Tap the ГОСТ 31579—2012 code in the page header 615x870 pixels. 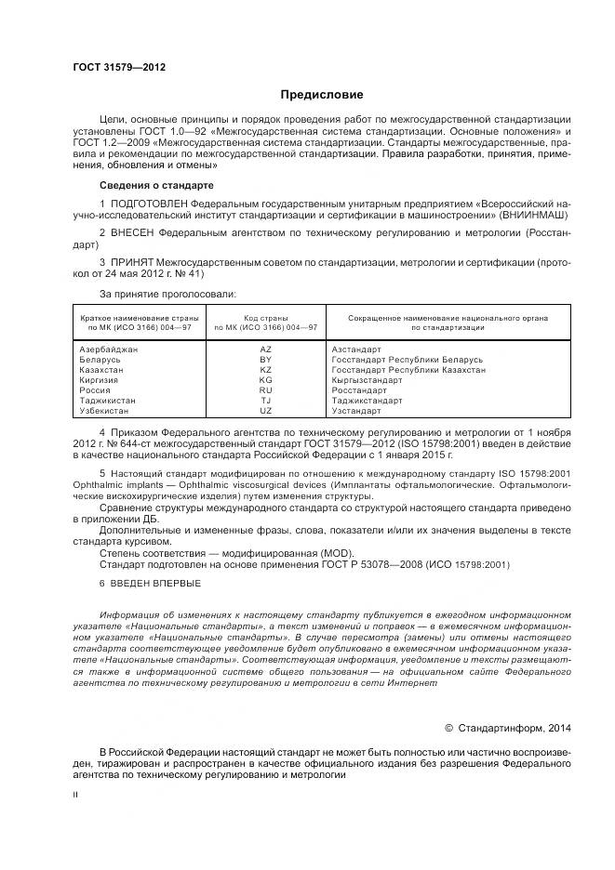[108, 67]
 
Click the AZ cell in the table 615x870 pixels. [265, 349]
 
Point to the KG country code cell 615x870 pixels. [265, 380]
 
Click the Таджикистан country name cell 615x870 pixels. [108, 401]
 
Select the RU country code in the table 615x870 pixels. [265, 390]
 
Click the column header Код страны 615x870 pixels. [265, 318]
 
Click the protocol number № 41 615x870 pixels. [183, 274]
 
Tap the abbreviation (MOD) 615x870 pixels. [307, 553]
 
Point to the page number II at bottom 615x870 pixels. [76, 795]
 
